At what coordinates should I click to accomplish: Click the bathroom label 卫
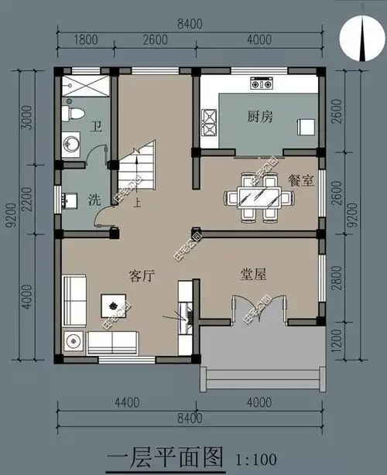[x=96, y=126]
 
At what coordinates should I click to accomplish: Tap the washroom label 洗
[x=94, y=200]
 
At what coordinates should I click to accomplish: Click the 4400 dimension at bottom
[x=128, y=402]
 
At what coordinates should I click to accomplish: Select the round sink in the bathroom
[x=71, y=143]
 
